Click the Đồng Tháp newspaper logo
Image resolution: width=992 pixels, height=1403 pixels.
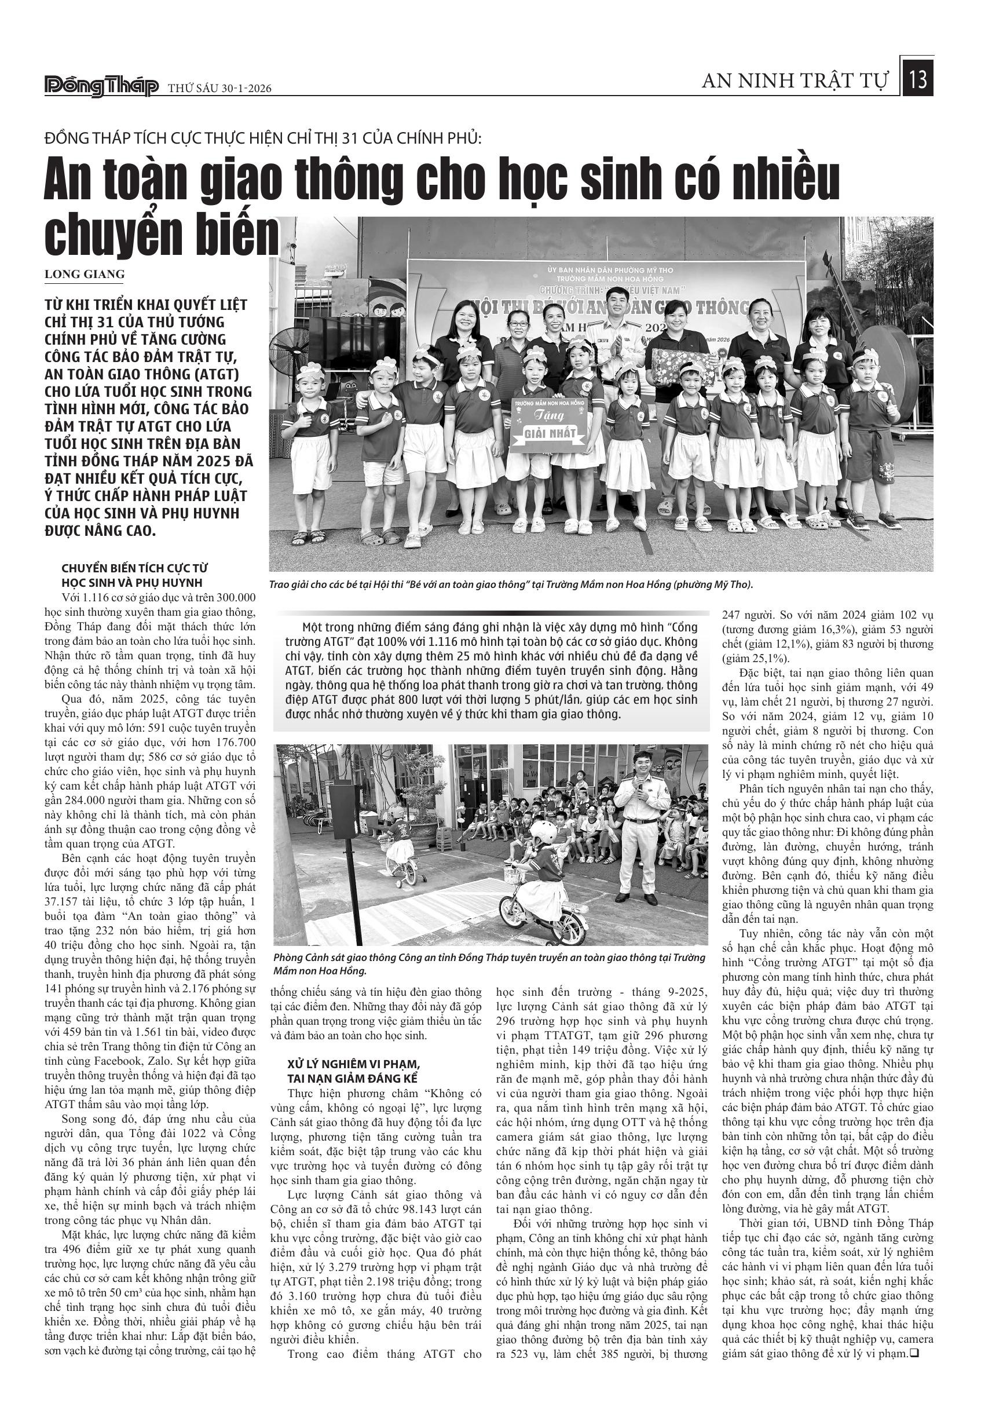101,87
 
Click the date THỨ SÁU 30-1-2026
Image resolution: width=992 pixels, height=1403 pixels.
220,89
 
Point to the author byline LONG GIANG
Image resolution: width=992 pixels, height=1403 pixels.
85,274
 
